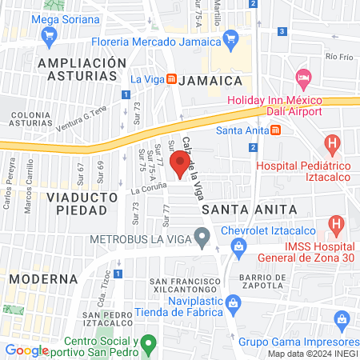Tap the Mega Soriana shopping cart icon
50,35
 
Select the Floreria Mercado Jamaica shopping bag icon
231,37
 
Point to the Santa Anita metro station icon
275,130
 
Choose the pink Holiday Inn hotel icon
303,79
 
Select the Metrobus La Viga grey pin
203,237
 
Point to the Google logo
26,350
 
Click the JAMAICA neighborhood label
210,81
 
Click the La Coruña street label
149,189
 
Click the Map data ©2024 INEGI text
312,354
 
